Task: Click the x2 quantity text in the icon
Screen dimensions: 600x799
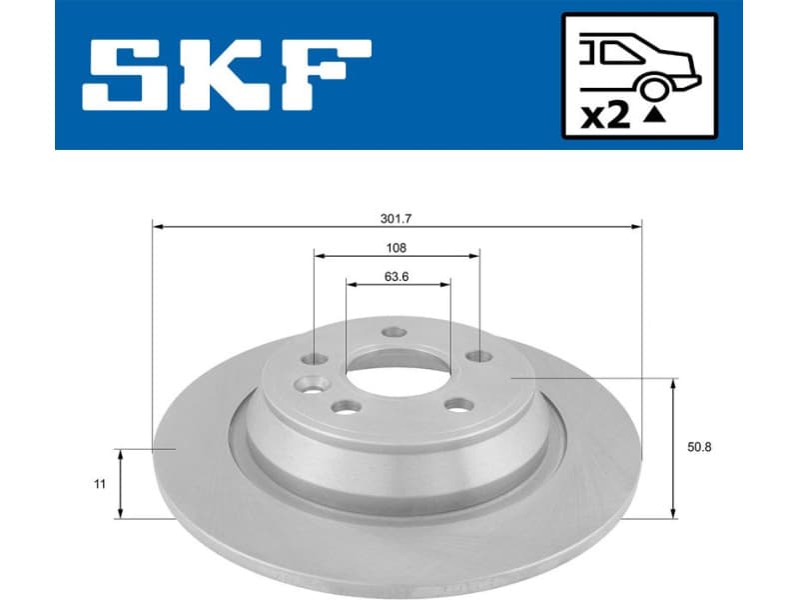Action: (605, 116)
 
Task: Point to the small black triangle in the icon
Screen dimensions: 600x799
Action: (654, 117)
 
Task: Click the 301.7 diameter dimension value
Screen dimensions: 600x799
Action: (396, 217)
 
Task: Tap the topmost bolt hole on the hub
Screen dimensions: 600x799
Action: (396, 333)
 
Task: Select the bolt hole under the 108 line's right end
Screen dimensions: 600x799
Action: (479, 355)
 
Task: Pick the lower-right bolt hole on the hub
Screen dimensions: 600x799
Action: (458, 404)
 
